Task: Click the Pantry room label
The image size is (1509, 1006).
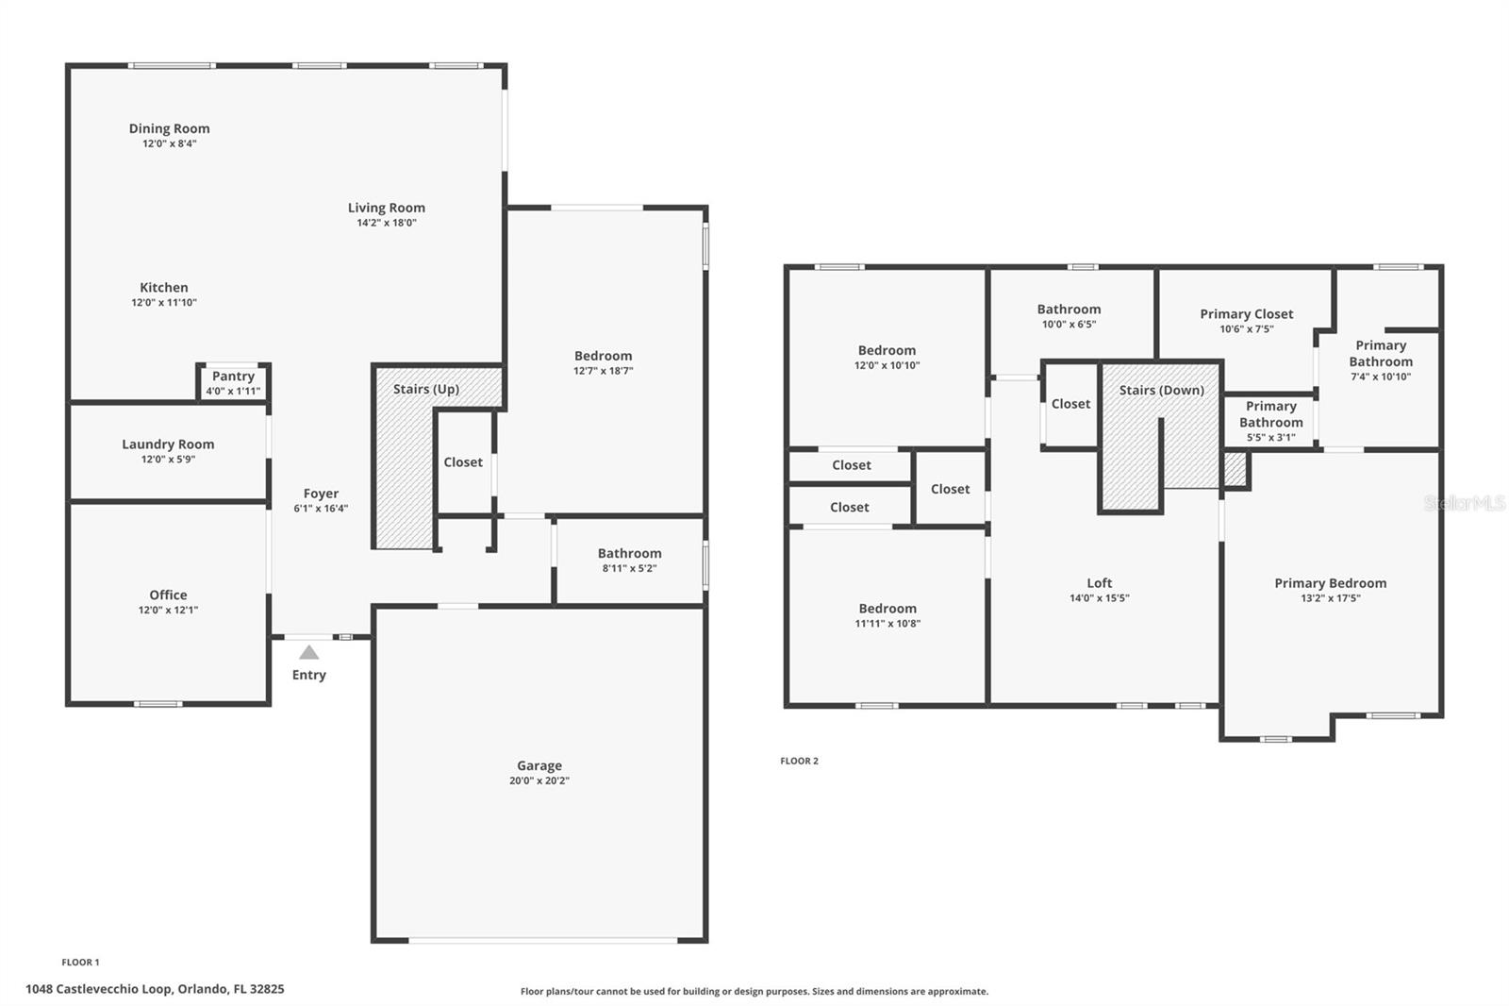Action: point(233,377)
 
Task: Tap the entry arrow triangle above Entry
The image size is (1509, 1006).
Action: point(308,652)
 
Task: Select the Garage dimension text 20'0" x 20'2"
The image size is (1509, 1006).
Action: point(539,780)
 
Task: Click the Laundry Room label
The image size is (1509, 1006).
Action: point(168,444)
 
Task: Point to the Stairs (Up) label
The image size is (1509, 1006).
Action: point(426,389)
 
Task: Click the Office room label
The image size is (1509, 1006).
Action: point(168,595)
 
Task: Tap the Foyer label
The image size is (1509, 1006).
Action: point(321,494)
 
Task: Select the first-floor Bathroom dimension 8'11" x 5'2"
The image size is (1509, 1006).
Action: point(629,568)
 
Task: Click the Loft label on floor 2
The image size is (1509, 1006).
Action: point(1099,583)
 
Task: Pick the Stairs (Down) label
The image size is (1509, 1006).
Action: point(1161,390)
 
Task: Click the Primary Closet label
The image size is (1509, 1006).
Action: point(1246,314)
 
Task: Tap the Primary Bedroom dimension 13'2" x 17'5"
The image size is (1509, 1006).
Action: point(1330,597)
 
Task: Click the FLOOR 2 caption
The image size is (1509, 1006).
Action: point(799,761)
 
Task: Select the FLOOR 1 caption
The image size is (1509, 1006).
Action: point(80,963)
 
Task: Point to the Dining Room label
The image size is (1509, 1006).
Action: point(169,128)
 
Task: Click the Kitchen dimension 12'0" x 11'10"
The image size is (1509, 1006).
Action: point(164,303)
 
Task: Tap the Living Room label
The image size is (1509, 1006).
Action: point(386,208)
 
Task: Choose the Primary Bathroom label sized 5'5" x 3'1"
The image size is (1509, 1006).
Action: point(1270,414)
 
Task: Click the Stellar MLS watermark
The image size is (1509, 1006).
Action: point(1464,504)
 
